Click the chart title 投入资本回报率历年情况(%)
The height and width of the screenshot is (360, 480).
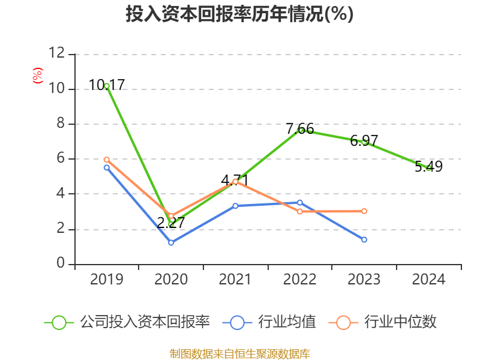(239, 14)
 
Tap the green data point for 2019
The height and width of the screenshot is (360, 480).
(107, 86)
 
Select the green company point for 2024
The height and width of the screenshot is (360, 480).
(428, 168)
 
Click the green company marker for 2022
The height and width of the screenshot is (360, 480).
(301, 130)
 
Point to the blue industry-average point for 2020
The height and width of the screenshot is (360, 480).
(171, 242)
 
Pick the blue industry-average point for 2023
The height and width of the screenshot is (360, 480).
(364, 239)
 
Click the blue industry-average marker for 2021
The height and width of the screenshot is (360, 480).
(235, 206)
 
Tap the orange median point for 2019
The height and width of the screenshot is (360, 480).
(107, 160)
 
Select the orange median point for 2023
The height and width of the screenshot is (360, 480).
(364, 211)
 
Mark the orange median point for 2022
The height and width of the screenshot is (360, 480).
(299, 211)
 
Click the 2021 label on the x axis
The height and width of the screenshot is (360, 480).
(235, 280)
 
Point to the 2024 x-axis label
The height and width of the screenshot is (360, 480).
(428, 280)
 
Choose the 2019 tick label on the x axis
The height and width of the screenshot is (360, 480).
(107, 280)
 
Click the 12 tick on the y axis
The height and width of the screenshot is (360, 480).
(56, 53)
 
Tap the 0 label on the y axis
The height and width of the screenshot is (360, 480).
(61, 264)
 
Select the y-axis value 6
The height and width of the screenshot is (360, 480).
(61, 159)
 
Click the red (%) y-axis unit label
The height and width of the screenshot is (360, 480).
(37, 76)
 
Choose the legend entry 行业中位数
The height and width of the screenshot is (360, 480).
(383, 322)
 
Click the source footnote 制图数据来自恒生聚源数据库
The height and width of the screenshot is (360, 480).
(239, 353)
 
